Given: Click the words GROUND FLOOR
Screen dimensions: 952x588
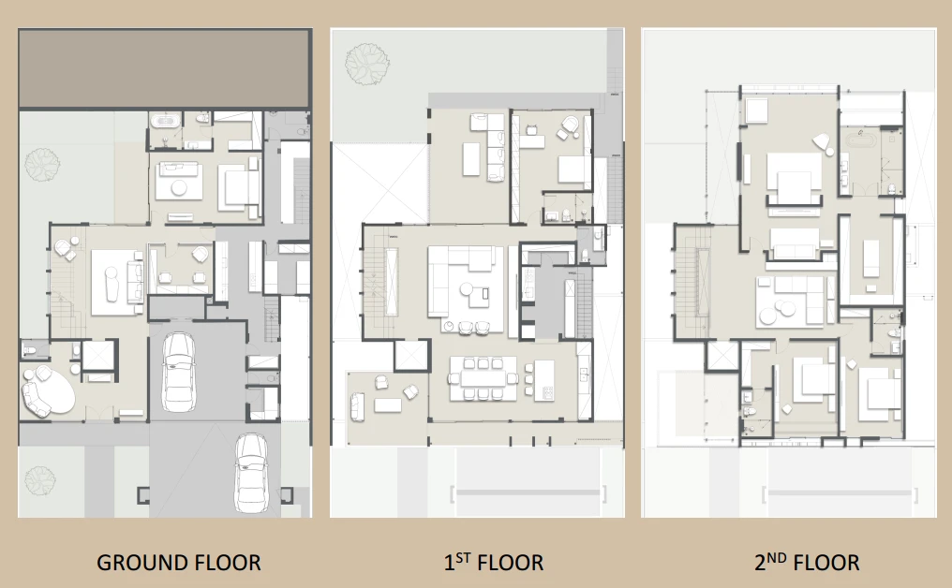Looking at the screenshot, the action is (178, 563).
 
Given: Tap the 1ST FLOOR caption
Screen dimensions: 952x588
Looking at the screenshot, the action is (494, 562).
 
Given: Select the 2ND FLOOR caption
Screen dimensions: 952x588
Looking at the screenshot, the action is (807, 562).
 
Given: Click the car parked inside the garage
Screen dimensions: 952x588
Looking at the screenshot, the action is (178, 372).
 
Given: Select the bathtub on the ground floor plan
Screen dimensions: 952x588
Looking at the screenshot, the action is (165, 121).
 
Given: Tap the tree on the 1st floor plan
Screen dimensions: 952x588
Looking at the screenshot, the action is (366, 63).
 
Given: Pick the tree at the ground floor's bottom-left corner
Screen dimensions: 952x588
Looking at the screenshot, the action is (40, 480).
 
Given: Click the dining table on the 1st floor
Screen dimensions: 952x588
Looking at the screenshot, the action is (483, 379).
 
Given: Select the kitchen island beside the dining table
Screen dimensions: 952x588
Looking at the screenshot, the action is (544, 380).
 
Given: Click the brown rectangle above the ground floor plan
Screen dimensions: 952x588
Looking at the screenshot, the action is (164, 68).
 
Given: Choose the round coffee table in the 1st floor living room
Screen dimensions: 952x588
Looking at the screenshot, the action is (467, 288).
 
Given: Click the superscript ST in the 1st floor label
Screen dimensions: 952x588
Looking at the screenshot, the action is (463, 557).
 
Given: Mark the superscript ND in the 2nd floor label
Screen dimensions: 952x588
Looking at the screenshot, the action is (777, 557).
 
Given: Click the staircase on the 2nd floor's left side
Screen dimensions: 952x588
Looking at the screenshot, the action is (687, 283).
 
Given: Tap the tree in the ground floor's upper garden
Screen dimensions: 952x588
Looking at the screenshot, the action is (42, 165).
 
